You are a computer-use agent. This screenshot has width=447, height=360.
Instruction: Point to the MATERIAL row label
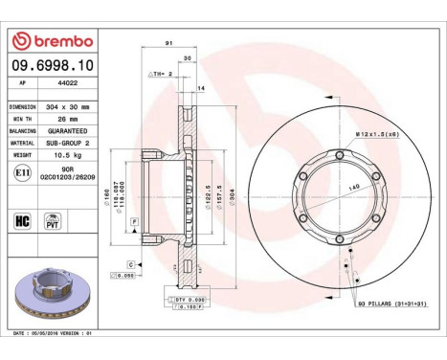pos(23,140)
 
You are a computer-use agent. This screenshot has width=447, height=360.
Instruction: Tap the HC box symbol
pos(20,220)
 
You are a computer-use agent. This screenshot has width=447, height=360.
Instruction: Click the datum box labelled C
pos(129,262)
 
